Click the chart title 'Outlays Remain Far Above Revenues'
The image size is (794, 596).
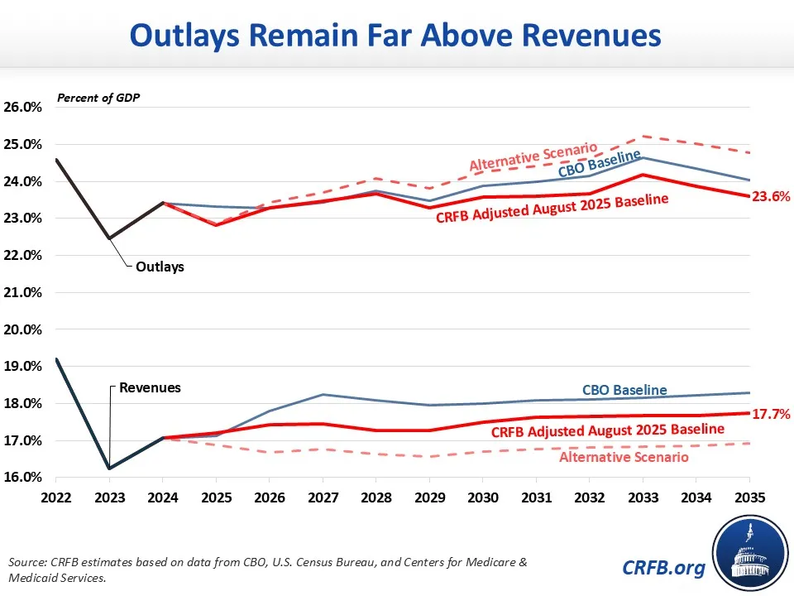396,36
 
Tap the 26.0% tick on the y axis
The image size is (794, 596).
24,108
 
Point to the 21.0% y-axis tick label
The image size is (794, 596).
24,292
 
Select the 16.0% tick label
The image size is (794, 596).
24,478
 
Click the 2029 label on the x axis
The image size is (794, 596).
429,498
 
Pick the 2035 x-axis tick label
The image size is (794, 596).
749,498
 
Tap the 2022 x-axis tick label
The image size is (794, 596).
55,498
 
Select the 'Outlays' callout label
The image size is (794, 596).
160,267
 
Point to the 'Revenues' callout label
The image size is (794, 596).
150,387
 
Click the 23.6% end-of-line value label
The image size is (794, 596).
771,197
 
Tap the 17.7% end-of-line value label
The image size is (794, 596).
771,413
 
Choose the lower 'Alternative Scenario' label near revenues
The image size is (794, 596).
624,457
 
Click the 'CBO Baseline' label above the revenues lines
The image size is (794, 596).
624,390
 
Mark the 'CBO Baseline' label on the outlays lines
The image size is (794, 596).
600,165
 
